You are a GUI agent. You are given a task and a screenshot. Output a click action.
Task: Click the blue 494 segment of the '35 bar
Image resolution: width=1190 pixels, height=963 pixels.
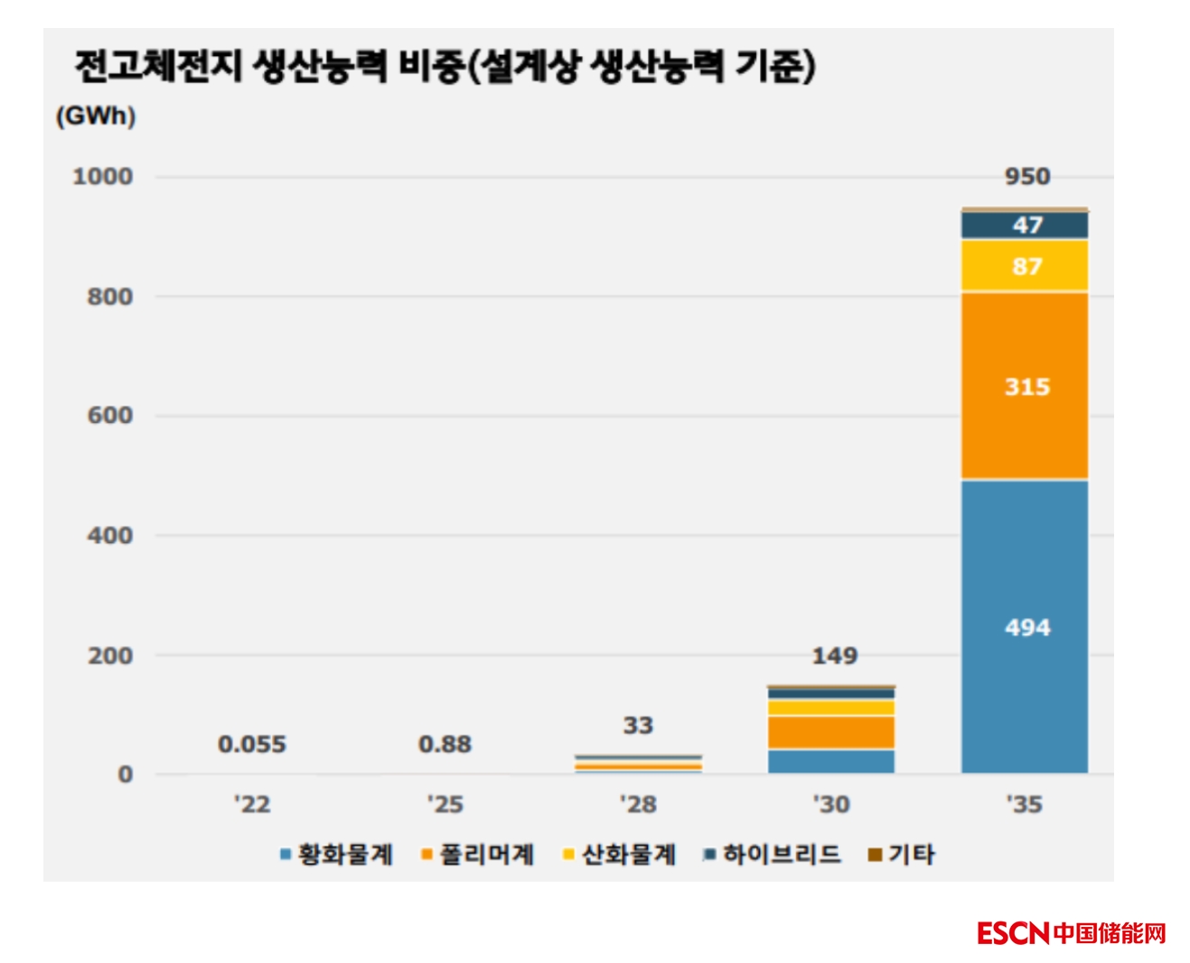(x=1024, y=626)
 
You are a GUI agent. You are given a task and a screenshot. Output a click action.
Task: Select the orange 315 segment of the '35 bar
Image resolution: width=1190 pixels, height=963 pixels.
(x=1024, y=386)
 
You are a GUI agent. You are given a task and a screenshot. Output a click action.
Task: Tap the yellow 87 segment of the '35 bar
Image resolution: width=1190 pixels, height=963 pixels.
(x=1024, y=266)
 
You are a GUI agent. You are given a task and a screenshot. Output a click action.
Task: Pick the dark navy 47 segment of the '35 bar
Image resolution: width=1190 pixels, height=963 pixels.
(x=1024, y=225)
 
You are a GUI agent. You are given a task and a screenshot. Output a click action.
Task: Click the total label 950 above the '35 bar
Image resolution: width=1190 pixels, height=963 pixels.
(x=1027, y=176)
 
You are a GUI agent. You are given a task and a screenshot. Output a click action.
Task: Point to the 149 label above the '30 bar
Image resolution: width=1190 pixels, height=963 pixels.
(x=834, y=655)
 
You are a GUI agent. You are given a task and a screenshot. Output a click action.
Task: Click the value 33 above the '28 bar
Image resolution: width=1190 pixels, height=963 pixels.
(x=637, y=725)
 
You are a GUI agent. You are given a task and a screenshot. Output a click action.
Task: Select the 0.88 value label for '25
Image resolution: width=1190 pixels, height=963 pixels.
(x=445, y=743)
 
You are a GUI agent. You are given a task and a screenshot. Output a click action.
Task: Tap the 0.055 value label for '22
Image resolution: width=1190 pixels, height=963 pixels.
(x=251, y=743)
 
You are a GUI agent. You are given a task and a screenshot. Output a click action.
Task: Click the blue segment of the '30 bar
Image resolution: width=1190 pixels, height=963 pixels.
(x=831, y=762)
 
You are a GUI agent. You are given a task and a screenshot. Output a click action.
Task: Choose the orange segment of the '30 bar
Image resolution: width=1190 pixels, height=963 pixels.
(x=831, y=732)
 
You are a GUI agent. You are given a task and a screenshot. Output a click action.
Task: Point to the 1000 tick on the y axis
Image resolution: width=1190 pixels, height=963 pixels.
(x=102, y=176)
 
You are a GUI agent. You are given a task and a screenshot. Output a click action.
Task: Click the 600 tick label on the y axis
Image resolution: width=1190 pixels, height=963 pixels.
(x=109, y=416)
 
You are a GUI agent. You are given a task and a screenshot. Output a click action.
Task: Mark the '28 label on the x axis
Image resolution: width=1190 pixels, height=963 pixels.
(x=637, y=803)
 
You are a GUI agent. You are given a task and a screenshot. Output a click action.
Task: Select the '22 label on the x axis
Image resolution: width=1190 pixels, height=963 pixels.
(x=251, y=803)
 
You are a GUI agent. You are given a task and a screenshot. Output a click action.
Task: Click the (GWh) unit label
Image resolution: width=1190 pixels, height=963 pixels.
(x=96, y=116)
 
